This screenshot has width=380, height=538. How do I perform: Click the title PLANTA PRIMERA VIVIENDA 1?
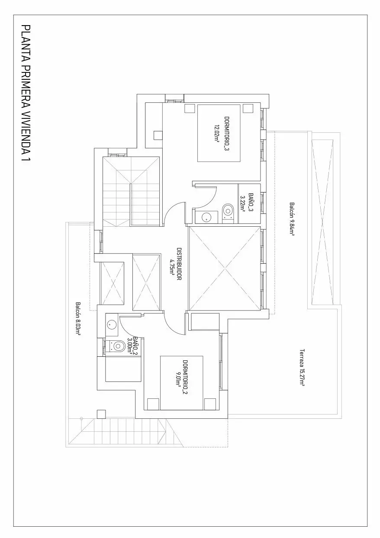pos(26,95)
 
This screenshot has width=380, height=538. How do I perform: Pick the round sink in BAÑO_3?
pos(206,217)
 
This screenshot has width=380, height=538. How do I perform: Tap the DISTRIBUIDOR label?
pos(179,264)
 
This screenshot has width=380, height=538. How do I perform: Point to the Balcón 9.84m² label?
pos(292,219)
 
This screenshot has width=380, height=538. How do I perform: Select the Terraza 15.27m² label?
pos(302,367)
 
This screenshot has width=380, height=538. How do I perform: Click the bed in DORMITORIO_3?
pos(219,133)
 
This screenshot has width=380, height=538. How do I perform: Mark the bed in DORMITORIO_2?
pos(181,383)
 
